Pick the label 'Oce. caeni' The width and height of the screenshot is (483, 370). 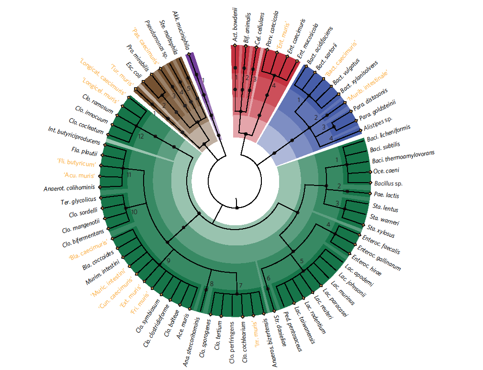tap(386, 171)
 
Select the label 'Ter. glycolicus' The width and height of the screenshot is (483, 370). tap(79, 199)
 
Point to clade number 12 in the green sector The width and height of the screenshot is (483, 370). tap(140, 137)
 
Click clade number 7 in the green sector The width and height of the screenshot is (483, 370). tap(241, 286)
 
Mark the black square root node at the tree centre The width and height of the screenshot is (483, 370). tap(237, 208)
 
